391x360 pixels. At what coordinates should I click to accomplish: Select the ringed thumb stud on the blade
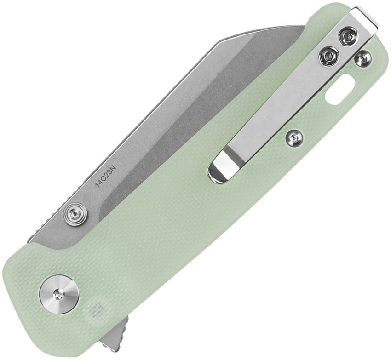coord(75,212)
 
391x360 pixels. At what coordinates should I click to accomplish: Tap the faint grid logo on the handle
coord(96,311)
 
